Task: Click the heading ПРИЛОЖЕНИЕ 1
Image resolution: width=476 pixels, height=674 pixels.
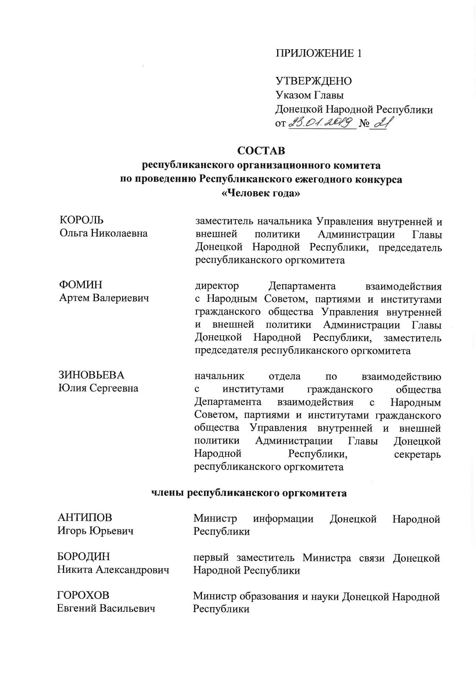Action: pyautogui.click(x=318, y=53)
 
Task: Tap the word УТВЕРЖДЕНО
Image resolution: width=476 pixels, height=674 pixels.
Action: pyautogui.click(x=313, y=81)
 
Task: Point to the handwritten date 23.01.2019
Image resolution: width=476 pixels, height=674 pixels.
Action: pyautogui.click(x=320, y=123)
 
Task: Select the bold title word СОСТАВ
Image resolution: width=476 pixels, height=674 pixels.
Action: pyautogui.click(x=261, y=150)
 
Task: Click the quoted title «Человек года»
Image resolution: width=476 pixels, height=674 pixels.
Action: pyautogui.click(x=261, y=193)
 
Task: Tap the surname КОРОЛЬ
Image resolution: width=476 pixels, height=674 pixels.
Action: pyautogui.click(x=81, y=220)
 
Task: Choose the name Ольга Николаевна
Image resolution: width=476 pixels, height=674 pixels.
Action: pyautogui.click(x=104, y=233)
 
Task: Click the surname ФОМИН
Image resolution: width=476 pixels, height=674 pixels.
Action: pyautogui.click(x=81, y=285)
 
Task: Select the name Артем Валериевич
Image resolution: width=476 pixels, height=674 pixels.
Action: pyautogui.click(x=104, y=298)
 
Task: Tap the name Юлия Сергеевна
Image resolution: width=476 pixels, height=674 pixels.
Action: pyautogui.click(x=98, y=388)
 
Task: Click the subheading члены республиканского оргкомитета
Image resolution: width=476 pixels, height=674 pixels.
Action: pyautogui.click(x=248, y=493)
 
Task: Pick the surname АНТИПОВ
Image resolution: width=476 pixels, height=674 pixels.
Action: pyautogui.click(x=85, y=518)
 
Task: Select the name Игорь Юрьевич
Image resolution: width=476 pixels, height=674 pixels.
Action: pyautogui.click(x=96, y=531)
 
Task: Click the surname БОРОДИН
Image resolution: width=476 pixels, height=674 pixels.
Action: pyautogui.click(x=83, y=556)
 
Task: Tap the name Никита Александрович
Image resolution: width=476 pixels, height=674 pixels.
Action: pyautogui.click(x=113, y=570)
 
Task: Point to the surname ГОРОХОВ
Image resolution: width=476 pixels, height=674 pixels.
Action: pyautogui.click(x=83, y=595)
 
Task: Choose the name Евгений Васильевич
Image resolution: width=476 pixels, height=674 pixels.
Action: pyautogui.click(x=106, y=609)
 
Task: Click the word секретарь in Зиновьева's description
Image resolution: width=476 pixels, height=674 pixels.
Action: pyautogui.click(x=417, y=454)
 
